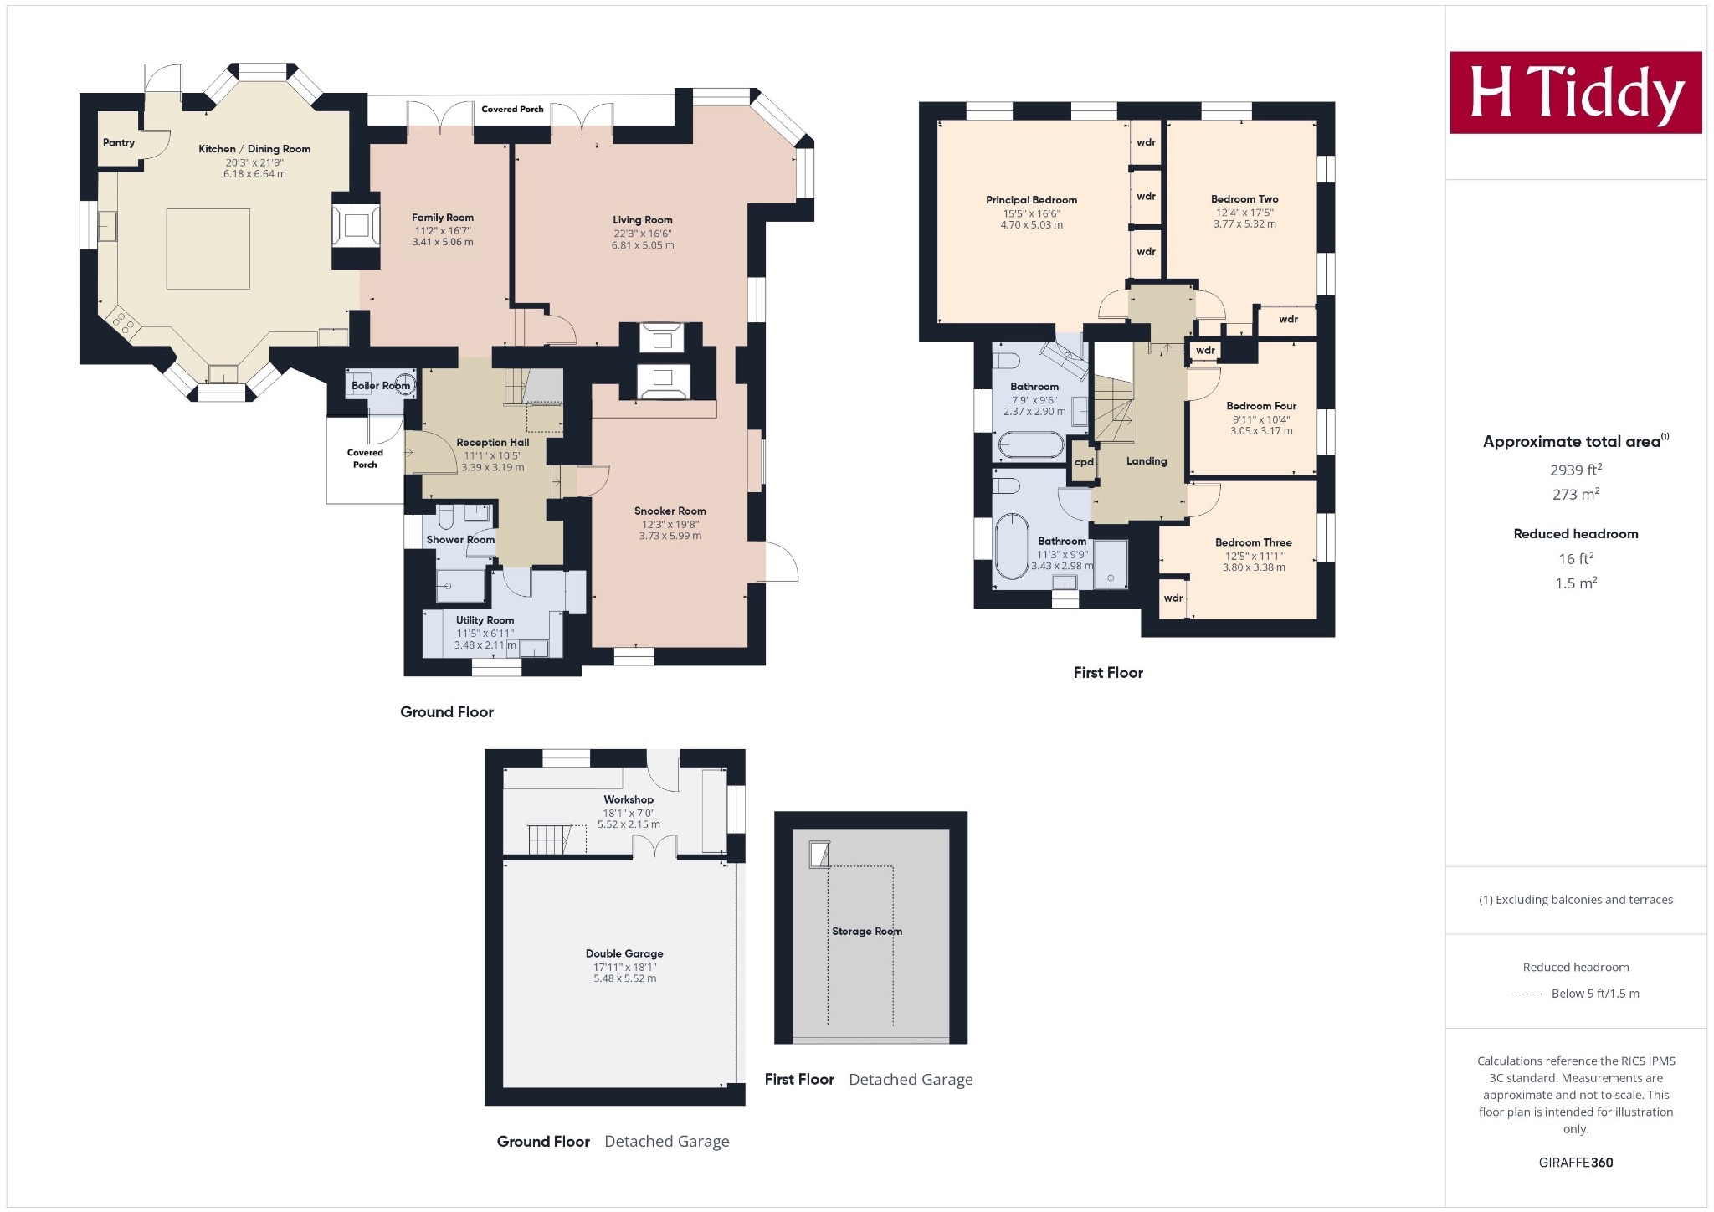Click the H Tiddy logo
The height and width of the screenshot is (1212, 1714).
click(x=1576, y=92)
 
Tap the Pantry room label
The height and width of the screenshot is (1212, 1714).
click(x=119, y=142)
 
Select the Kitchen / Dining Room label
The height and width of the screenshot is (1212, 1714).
click(x=254, y=149)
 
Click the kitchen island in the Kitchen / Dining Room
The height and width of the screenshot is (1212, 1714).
click(x=208, y=249)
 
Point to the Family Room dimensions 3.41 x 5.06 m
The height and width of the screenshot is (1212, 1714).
click(x=443, y=242)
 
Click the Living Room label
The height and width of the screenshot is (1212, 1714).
click(x=643, y=220)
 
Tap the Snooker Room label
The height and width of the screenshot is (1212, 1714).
click(x=670, y=511)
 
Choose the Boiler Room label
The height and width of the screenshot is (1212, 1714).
click(x=381, y=386)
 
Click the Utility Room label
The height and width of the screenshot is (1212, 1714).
click(x=485, y=620)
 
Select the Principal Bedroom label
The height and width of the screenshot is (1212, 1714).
click(x=1032, y=200)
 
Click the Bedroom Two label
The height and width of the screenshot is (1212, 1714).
click(x=1244, y=199)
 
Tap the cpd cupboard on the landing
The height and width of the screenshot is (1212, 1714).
click(x=1084, y=462)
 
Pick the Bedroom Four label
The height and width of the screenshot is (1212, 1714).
click(x=1261, y=406)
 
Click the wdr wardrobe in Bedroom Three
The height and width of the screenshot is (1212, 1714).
click(x=1173, y=598)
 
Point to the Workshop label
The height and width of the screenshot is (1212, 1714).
click(x=629, y=799)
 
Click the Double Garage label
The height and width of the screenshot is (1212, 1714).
click(x=624, y=953)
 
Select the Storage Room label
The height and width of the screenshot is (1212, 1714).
click(x=867, y=931)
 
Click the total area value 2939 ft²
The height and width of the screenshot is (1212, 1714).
click(x=1576, y=470)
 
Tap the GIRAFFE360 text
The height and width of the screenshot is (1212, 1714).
click(x=1576, y=1163)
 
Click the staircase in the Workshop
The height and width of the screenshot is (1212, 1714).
click(x=548, y=838)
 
